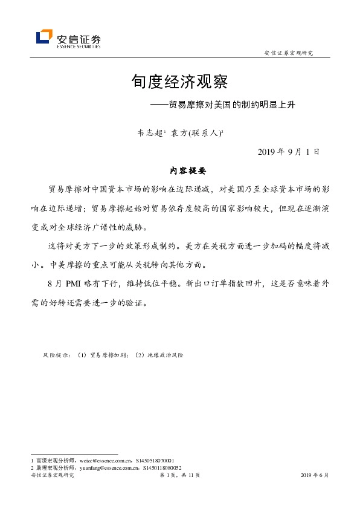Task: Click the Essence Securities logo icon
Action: [43, 37]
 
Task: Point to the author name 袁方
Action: [179, 130]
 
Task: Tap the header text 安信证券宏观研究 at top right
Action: [289, 53]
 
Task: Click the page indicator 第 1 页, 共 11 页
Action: [180, 476]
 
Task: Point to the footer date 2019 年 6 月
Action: [314, 476]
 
